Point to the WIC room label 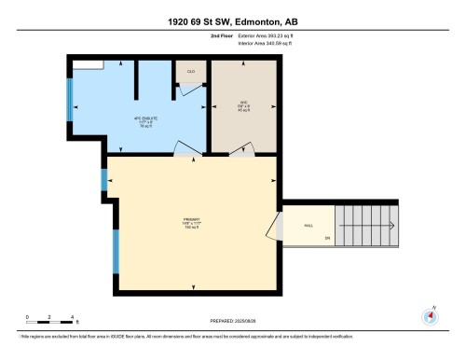click(244, 104)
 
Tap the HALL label click(308, 226)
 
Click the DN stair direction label click(327, 238)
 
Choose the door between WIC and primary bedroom click(244, 149)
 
